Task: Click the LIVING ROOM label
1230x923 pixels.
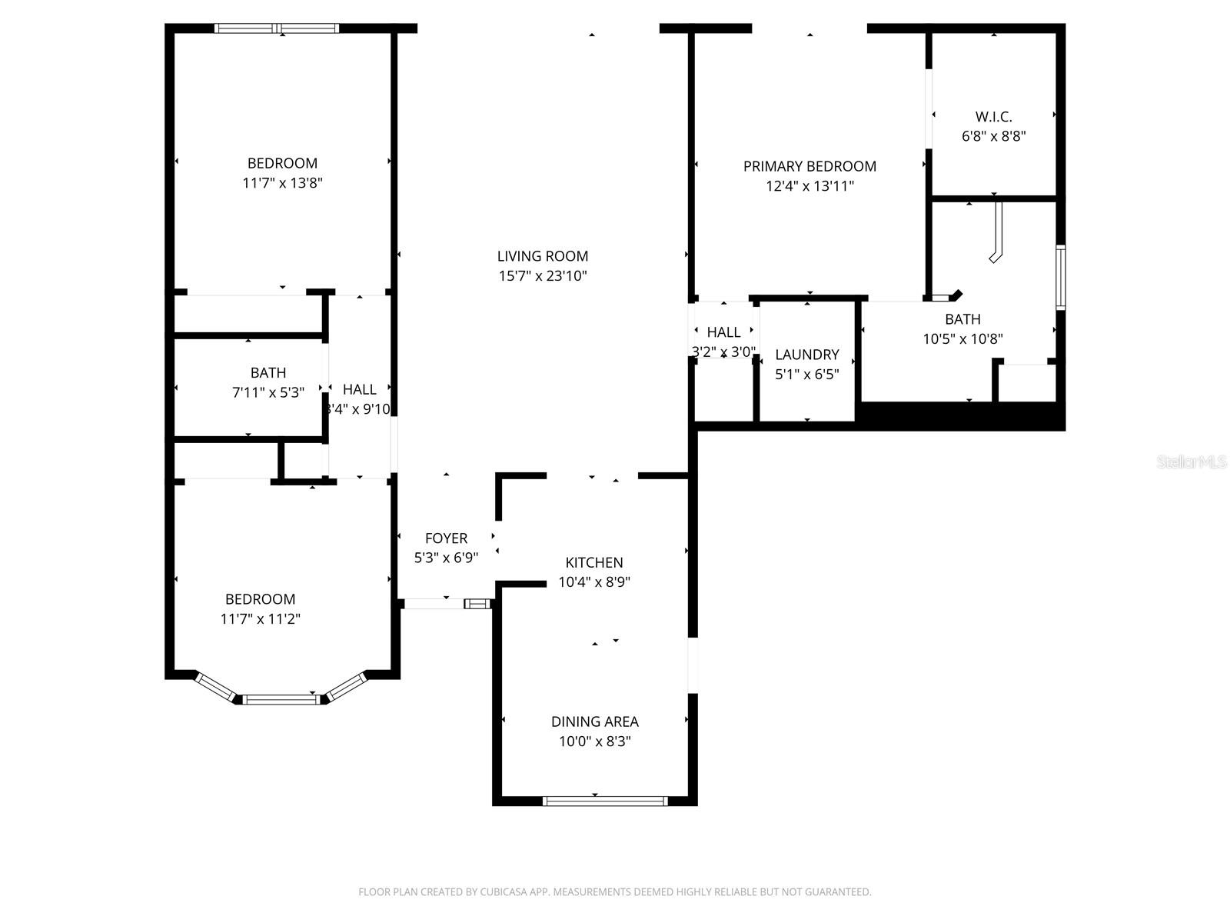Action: tap(542, 256)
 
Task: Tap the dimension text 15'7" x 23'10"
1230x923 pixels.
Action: tap(542, 276)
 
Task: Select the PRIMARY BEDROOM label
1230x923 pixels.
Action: tap(809, 166)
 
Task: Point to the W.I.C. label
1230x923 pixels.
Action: tap(993, 117)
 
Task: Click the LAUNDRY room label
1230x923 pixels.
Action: tap(806, 355)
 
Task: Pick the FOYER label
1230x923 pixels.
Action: tap(446, 538)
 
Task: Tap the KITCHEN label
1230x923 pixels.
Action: tap(594, 562)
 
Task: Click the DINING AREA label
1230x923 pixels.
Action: tap(594, 721)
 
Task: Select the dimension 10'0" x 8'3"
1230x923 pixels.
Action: tap(594, 741)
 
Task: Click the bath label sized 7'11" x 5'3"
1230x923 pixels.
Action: tap(268, 373)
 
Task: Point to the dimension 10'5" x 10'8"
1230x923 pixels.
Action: tap(962, 339)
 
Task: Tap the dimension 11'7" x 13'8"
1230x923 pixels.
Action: tap(282, 183)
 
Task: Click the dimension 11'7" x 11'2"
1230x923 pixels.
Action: tap(260, 619)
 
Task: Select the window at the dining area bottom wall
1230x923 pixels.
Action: tap(605, 801)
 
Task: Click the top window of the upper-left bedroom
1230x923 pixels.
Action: tap(277, 28)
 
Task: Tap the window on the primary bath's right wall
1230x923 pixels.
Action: tap(1061, 277)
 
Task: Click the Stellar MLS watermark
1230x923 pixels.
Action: tap(1192, 462)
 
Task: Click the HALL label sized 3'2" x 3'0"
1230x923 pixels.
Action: tap(723, 332)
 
